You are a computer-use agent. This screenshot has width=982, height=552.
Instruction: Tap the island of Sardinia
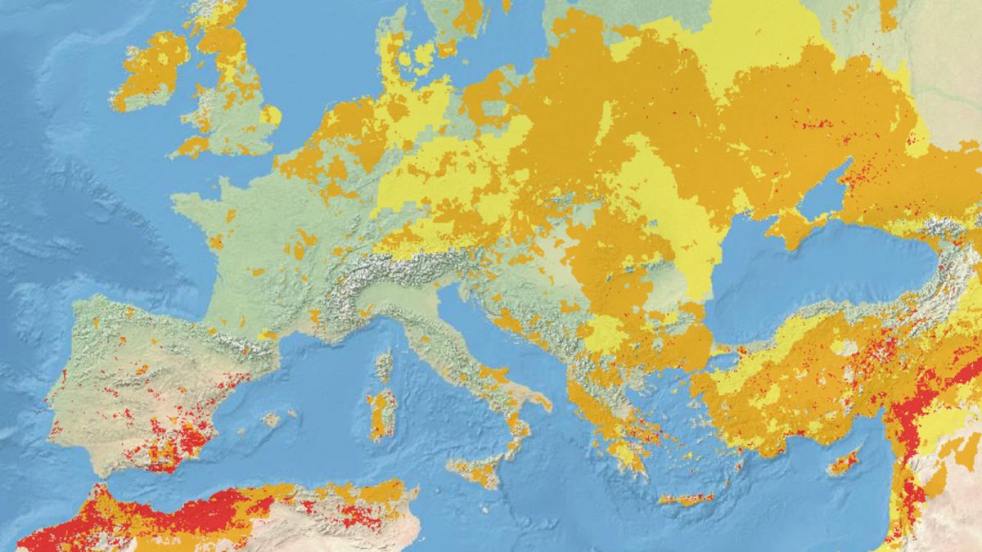click(381, 413)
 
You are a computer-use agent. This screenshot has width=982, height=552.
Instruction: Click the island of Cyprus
click(842, 464)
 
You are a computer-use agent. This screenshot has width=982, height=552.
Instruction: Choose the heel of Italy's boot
click(540, 401)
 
